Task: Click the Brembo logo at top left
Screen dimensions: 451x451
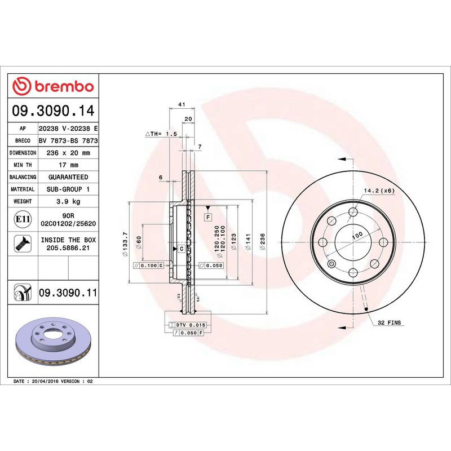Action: (53, 86)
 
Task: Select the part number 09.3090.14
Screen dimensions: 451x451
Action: (53, 112)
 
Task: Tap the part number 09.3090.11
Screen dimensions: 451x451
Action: (68, 292)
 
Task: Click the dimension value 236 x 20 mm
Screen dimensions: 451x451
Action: (67, 153)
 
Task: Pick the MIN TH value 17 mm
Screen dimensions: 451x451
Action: (67, 165)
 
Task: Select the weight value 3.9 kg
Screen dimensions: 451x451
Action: (67, 201)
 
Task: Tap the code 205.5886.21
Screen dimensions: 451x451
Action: (68, 247)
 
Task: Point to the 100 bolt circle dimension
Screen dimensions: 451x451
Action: (356, 236)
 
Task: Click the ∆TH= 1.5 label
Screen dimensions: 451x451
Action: (161, 134)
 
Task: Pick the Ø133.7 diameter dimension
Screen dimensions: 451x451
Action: (124, 243)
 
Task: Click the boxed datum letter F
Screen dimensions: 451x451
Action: (207, 216)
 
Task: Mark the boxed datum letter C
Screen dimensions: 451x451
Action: (182, 248)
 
